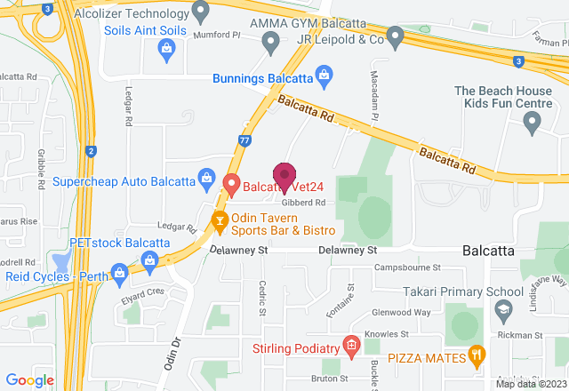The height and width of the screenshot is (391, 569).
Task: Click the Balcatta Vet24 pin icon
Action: [232, 185]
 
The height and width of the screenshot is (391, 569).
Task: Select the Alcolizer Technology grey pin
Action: [201, 14]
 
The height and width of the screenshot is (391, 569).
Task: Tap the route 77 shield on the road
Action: [244, 139]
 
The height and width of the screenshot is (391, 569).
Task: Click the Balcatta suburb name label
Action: [488, 251]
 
